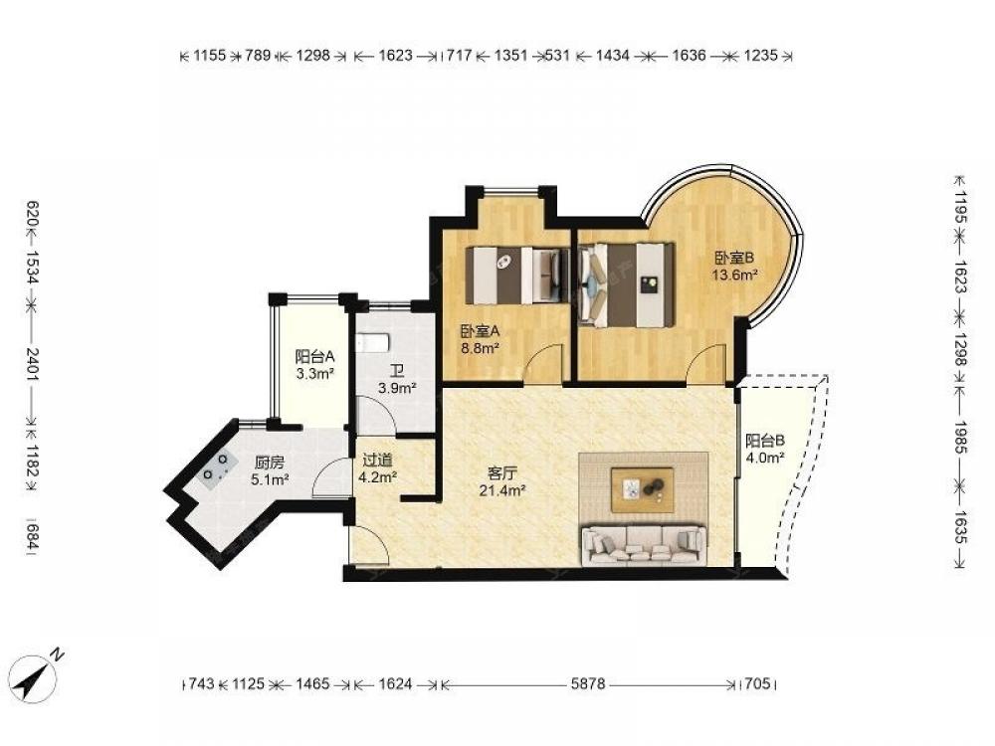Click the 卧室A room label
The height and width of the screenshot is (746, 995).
(x=481, y=330)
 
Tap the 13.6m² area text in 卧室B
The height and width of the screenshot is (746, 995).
(x=735, y=275)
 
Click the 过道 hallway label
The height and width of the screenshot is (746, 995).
(x=377, y=460)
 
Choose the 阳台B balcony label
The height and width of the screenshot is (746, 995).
(x=765, y=441)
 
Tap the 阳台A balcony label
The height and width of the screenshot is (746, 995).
(x=314, y=356)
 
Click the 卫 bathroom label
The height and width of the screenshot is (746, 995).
(x=397, y=371)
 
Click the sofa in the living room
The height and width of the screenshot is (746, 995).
(x=644, y=545)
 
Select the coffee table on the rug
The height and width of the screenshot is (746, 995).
(x=642, y=489)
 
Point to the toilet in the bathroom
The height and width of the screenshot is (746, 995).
(x=371, y=342)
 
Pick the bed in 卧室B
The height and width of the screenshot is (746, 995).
(x=626, y=284)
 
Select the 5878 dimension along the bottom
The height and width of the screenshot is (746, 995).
(x=588, y=684)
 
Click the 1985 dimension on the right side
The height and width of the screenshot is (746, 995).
(x=960, y=437)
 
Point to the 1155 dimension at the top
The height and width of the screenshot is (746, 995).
(x=209, y=55)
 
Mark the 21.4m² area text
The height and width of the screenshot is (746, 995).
(x=501, y=489)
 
